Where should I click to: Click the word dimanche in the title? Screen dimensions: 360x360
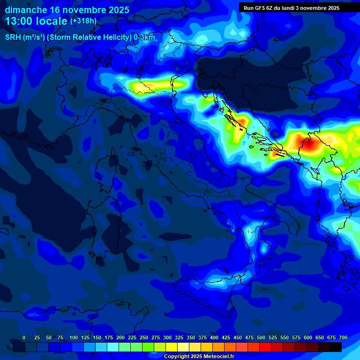tap(25, 10)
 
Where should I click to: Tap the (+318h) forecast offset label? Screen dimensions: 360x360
tap(83, 21)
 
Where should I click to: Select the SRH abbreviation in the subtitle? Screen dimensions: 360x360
tap(13, 37)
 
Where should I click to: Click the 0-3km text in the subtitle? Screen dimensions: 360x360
tap(144, 37)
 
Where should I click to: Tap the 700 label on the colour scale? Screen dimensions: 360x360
tap(343, 337)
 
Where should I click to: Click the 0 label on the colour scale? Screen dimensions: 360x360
tap(24, 337)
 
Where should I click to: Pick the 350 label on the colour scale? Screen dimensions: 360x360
tap(191, 337)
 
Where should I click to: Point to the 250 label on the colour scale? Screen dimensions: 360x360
tap(144, 337)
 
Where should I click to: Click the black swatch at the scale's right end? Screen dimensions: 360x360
tap(335, 347)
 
